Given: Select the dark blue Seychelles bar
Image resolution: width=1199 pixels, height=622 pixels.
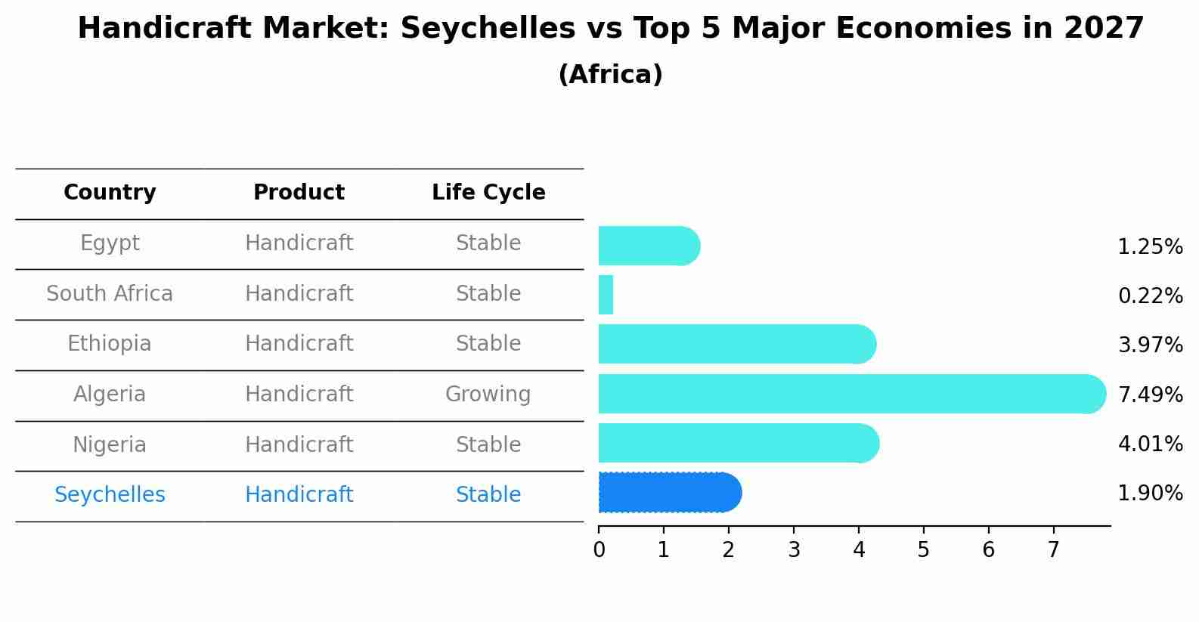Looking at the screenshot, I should tap(669, 493).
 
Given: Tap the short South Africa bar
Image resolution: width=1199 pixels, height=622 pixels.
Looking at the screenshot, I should tap(606, 295).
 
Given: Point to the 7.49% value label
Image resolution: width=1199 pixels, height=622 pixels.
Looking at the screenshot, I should tap(1150, 395).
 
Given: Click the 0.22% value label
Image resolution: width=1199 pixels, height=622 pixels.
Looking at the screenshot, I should tap(1150, 296).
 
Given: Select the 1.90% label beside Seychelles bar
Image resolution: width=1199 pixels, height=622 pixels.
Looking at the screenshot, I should tap(1150, 494).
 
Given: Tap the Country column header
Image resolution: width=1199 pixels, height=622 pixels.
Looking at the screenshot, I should tap(110, 193).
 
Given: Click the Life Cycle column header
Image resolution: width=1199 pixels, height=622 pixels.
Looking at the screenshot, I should tap(488, 193).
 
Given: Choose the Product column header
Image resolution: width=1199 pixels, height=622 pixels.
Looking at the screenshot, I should tap(299, 193).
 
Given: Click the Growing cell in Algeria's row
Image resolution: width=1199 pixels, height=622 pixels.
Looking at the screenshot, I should tap(488, 394).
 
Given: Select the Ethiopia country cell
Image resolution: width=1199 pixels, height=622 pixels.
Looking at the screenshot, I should tap(110, 344).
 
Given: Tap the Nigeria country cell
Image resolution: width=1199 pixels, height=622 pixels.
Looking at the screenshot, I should tap(110, 444).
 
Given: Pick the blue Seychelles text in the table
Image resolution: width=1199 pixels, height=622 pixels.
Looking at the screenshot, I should tap(110, 495).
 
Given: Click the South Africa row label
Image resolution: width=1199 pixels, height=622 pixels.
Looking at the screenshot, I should tap(110, 293).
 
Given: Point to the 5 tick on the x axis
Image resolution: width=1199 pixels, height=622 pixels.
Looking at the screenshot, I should tap(923, 550).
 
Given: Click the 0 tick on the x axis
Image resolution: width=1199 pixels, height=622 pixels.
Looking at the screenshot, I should tap(599, 550).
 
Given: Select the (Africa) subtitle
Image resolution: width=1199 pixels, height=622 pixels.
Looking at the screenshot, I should tap(610, 75).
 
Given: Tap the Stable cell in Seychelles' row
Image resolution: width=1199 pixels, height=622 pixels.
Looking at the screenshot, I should tap(488, 495).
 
